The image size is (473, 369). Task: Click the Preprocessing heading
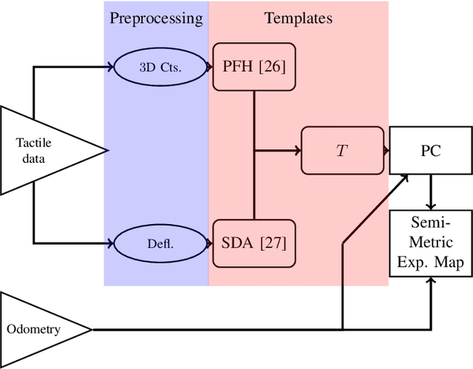click(x=156, y=18)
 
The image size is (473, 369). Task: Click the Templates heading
click(x=299, y=18)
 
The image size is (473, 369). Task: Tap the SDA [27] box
click(x=253, y=242)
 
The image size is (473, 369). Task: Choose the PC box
click(x=431, y=151)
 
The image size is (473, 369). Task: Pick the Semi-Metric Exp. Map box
click(x=431, y=242)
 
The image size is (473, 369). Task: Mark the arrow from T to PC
click(x=385, y=151)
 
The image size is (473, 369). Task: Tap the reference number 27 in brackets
click(x=270, y=242)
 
